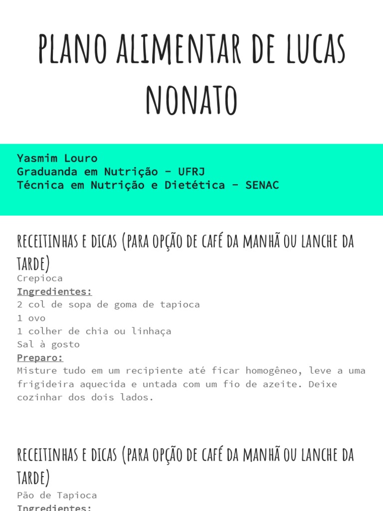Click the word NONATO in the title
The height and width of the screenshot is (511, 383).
[x=191, y=100]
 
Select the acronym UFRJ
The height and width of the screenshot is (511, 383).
[x=191, y=172]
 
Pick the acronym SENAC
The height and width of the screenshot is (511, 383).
[x=262, y=185]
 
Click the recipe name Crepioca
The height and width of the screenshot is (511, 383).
[x=40, y=278]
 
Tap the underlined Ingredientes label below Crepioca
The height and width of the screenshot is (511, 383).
[x=54, y=291]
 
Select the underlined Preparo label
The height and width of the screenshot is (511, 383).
[x=40, y=358]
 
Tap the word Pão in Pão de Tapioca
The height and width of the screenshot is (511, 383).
[x=25, y=495]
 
